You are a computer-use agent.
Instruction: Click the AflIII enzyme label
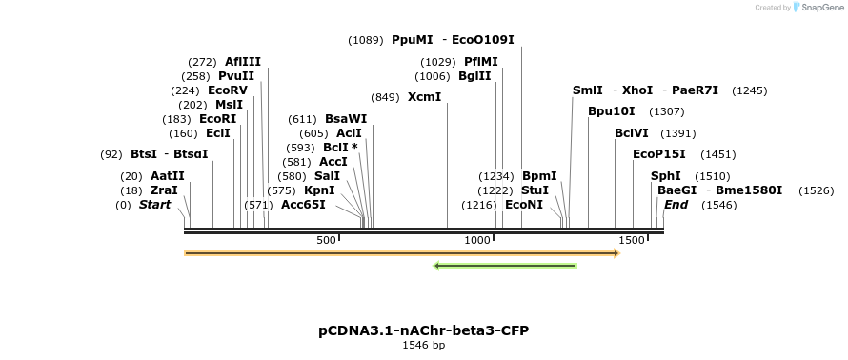[243, 62]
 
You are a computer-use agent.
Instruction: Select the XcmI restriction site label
[425, 97]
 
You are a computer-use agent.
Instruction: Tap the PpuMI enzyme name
[412, 40]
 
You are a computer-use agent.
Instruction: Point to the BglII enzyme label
[474, 76]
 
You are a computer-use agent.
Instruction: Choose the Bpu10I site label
[612, 111]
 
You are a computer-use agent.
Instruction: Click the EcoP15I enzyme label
[659, 154]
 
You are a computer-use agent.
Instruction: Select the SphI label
[666, 176]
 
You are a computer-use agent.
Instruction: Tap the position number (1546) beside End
[718, 205]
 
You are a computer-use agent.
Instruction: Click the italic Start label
[157, 205]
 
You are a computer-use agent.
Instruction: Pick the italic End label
[676, 205]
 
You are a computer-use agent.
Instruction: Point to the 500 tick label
[326, 240]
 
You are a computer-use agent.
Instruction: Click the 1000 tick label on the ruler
[476, 240]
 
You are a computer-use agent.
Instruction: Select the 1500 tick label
[632, 240]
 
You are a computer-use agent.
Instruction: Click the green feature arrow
[505, 266]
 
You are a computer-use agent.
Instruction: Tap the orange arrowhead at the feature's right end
[616, 253]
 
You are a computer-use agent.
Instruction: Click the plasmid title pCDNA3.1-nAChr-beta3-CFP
[424, 330]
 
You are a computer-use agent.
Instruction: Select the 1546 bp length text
[424, 345]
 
